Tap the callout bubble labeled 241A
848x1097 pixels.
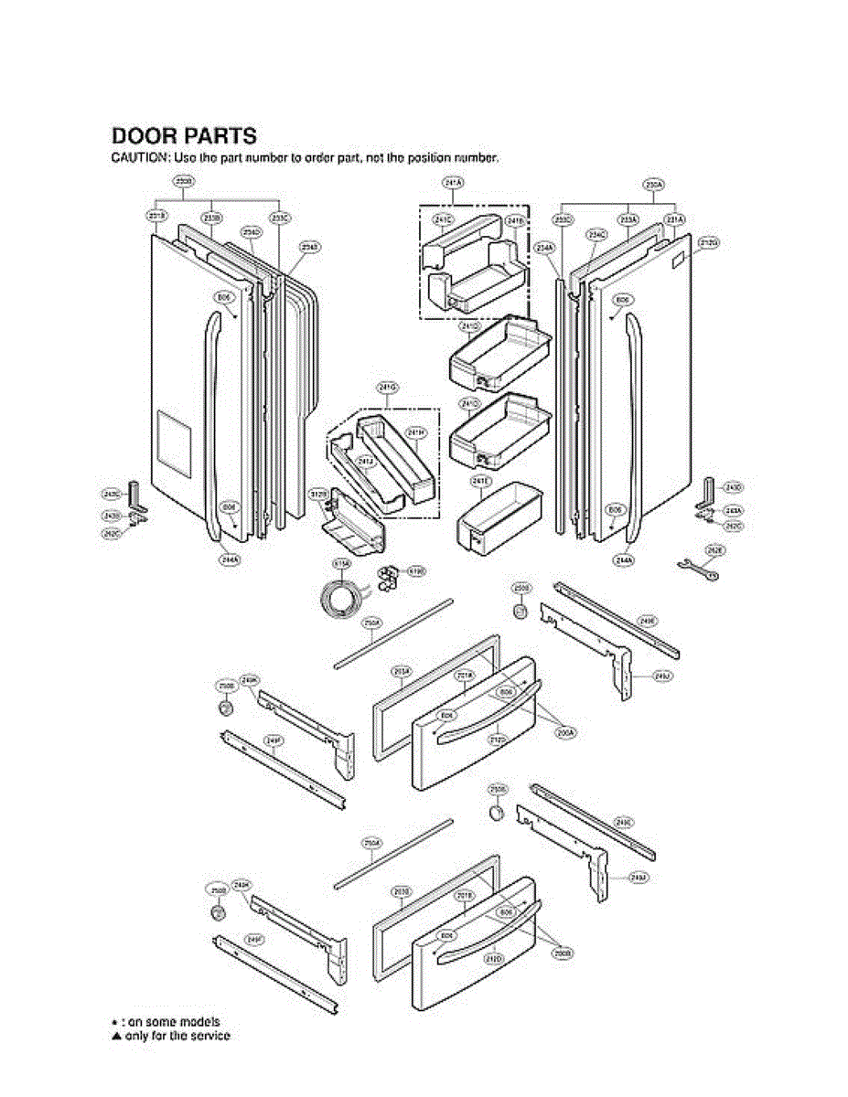pos(453,184)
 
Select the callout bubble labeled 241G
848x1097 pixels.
pos(387,388)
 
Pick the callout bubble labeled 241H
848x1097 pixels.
pos(416,432)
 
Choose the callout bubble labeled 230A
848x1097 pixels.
pos(654,184)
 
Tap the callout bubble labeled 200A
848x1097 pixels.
pos(564,732)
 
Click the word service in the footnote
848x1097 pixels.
pos(209,1036)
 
